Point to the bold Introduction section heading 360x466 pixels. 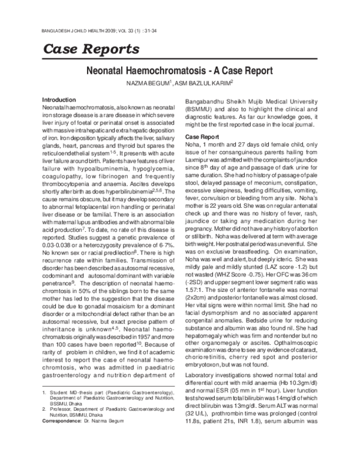click(x=59, y=99)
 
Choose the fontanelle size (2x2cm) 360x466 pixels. click(x=196, y=282)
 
